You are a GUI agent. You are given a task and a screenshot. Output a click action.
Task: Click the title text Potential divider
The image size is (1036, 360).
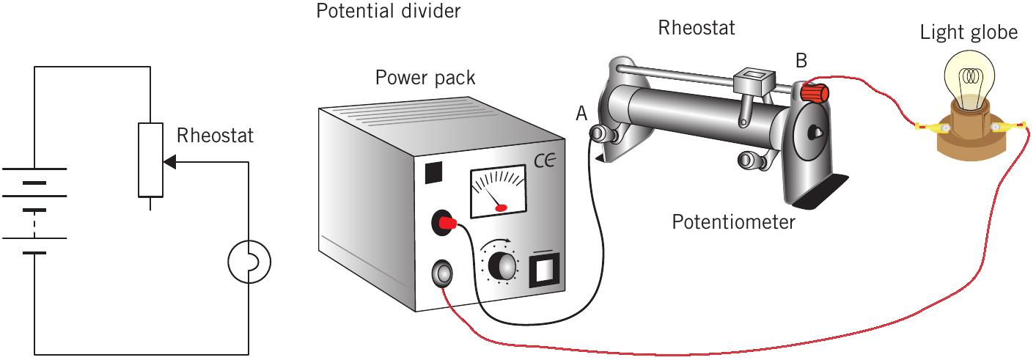tap(388, 11)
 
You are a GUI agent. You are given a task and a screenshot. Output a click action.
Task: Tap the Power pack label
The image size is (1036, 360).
tap(425, 78)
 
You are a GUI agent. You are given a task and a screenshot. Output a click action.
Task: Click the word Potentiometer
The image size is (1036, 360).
tap(733, 222)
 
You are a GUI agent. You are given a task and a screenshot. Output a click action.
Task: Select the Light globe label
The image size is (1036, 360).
tap(969, 33)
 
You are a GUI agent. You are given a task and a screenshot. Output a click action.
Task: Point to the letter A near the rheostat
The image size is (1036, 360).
tap(581, 114)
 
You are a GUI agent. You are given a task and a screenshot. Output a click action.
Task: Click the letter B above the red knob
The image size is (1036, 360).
tap(801, 61)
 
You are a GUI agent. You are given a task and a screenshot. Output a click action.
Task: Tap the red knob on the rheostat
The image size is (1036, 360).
tap(815, 92)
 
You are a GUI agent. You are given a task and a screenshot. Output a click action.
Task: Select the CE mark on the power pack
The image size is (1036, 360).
tap(544, 161)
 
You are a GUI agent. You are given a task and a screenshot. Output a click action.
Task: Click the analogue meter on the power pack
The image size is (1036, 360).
tap(499, 191)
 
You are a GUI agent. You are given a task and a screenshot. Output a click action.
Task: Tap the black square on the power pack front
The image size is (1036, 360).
tap(433, 172)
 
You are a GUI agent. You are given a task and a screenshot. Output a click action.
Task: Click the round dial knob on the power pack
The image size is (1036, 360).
tap(502, 265)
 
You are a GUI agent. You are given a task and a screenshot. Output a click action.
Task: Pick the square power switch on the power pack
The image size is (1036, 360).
tap(544, 271)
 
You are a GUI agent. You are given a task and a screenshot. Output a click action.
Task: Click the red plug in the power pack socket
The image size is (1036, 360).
tap(447, 224)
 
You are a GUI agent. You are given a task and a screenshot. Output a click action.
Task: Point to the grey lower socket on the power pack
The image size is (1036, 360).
tap(442, 273)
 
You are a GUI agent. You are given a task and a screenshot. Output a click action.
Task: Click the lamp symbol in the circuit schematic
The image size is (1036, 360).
tap(249, 262)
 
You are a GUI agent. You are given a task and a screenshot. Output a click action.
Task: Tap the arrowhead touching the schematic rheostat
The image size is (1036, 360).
tap(170, 162)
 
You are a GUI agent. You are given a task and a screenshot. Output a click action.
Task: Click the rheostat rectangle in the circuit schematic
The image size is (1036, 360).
tap(151, 160)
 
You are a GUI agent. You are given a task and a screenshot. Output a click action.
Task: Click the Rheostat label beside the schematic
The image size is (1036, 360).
tap(215, 136)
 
